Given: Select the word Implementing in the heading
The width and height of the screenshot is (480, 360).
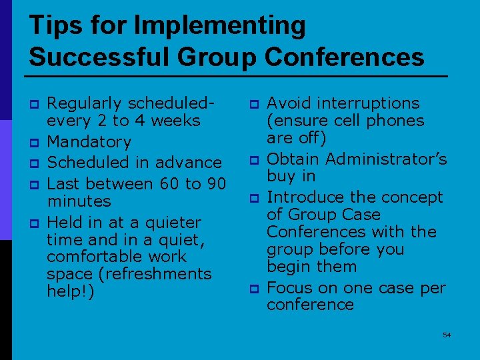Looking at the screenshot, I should [219, 26].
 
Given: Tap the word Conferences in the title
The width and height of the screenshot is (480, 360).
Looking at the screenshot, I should [344, 57].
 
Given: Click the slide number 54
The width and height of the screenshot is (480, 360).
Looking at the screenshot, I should [447, 335].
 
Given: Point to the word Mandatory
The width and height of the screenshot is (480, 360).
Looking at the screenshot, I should [89, 141].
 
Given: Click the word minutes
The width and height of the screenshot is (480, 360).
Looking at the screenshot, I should [79, 201].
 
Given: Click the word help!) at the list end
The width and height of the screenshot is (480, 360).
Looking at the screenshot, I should [71, 291].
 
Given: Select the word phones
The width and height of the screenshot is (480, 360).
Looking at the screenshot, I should [401, 121].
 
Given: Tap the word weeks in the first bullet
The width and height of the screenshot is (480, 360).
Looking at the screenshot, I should [177, 121].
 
